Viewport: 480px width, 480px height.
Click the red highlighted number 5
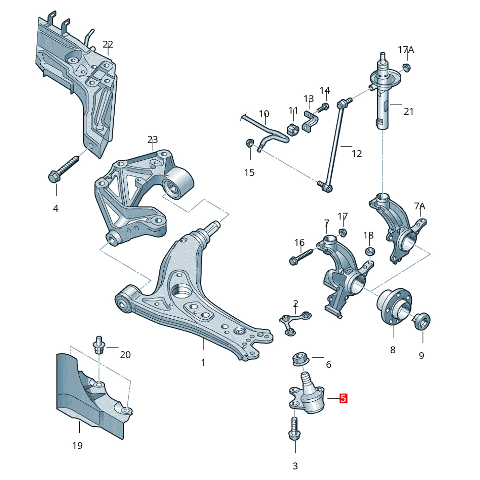click(344, 398)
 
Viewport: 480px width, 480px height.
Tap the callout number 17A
click(406, 49)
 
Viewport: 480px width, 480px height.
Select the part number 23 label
click(153, 140)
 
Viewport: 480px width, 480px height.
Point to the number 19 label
click(77, 445)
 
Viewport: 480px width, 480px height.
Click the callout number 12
click(357, 154)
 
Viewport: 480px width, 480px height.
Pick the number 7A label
click(420, 206)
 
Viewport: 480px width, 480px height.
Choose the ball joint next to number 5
click(307, 394)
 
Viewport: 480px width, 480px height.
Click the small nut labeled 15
click(250, 143)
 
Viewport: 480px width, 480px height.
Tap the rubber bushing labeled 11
click(293, 130)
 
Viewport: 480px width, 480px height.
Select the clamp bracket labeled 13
click(311, 121)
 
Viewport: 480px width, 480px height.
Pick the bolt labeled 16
click(302, 256)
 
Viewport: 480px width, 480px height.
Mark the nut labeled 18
click(369, 252)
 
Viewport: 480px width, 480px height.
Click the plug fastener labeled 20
click(98, 345)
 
